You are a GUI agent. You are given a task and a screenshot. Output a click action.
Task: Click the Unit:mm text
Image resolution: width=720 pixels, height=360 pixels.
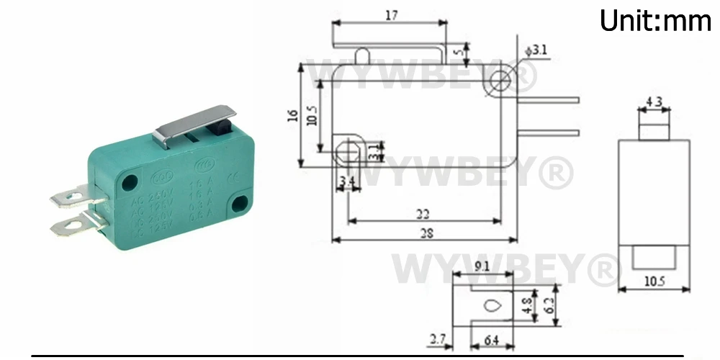click(655, 21)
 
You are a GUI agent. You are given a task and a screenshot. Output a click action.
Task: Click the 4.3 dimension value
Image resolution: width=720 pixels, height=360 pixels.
click(654, 103)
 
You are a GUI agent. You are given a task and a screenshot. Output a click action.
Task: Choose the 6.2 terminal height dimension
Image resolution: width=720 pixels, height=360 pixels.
click(549, 305)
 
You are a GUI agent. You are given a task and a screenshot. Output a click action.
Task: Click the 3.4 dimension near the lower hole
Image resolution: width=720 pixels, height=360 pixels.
click(346, 180)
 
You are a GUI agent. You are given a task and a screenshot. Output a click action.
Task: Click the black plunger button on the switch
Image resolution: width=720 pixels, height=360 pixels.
click(221, 127)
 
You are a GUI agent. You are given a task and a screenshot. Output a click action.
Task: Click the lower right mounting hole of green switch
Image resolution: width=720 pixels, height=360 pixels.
click(241, 203)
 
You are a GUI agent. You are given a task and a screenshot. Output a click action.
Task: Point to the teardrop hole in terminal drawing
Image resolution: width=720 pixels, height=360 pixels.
click(492, 305)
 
